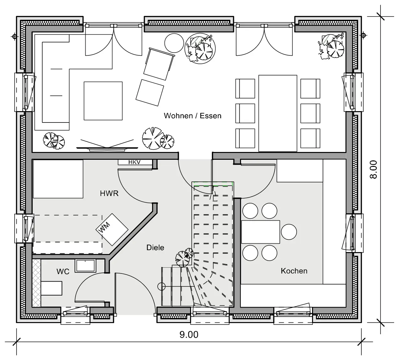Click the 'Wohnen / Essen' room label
[193, 116]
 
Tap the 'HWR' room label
[109, 193]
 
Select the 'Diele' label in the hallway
[155, 248]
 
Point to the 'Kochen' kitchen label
[294, 271]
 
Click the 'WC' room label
[63, 272]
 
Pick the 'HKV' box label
[134, 162]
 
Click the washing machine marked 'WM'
[112, 229]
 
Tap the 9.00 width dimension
[189, 335]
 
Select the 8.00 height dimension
[373, 169]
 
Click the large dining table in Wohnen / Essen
[278, 113]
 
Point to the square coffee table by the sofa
[103, 101]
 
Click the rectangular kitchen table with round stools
[260, 232]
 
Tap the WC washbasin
[86, 266]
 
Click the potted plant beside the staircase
[184, 258]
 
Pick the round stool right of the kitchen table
[289, 232]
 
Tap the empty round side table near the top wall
[174, 43]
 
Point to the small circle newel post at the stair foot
[161, 287]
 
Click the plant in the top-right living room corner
[331, 46]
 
